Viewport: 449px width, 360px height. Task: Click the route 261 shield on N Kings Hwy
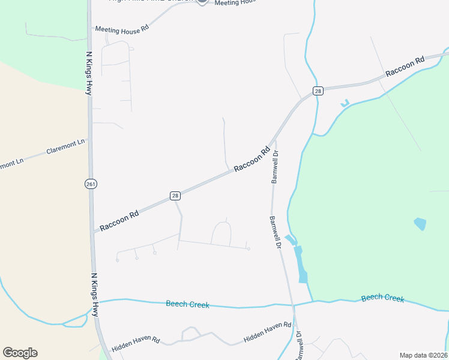(x=90, y=183)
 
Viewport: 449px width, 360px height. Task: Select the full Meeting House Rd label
(x=122, y=29)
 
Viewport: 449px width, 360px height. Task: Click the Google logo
(x=20, y=353)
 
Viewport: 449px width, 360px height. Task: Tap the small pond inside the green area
(x=420, y=224)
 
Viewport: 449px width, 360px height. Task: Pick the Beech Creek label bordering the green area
(x=382, y=298)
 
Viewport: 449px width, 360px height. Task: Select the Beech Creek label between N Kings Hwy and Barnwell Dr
(x=187, y=304)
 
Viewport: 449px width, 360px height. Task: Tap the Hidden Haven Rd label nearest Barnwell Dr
(x=267, y=332)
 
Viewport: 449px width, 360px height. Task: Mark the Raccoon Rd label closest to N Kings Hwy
(x=119, y=220)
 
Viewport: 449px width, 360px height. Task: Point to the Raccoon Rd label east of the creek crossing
(x=405, y=66)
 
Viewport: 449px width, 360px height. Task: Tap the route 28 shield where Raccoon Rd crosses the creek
(x=318, y=91)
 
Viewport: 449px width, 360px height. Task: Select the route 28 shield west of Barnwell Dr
(x=175, y=196)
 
